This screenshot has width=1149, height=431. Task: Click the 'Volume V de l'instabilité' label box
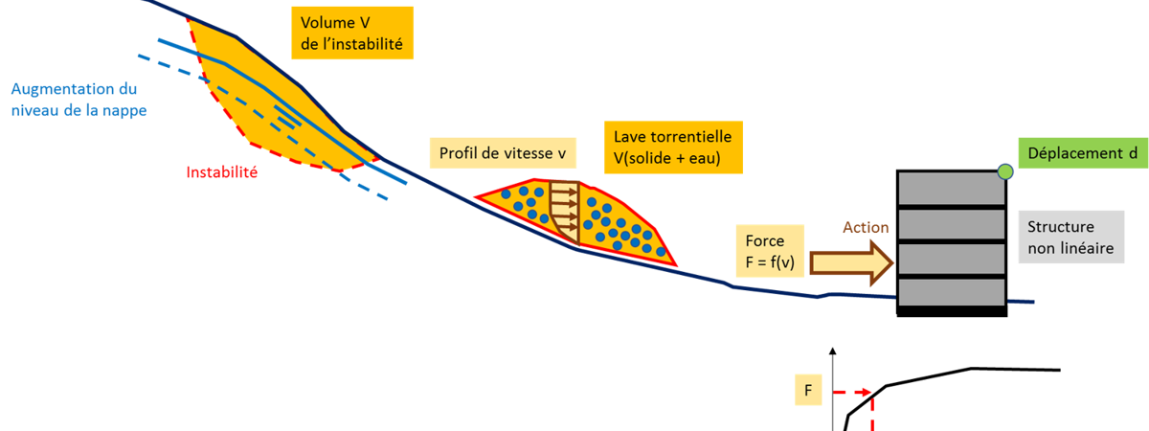point(351,34)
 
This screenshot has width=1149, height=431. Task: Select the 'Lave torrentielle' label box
point(674,148)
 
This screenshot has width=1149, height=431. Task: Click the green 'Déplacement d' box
point(1076,154)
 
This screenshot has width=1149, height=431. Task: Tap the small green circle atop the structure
point(1005,171)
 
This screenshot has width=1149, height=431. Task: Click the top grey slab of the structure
point(951,190)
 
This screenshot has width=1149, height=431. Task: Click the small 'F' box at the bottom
point(808,391)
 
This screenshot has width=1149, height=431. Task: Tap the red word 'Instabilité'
point(222,172)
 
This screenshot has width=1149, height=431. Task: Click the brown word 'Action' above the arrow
point(866,228)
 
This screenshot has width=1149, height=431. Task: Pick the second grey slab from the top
point(951,224)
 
